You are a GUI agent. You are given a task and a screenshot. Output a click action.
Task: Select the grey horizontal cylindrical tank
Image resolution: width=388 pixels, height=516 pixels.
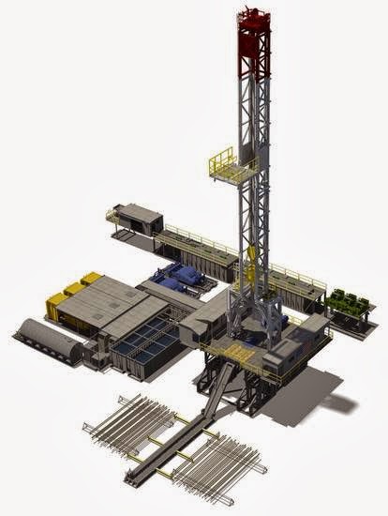point(51,339)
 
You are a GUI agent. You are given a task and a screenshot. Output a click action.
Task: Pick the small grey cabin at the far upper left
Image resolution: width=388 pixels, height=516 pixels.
point(139,216)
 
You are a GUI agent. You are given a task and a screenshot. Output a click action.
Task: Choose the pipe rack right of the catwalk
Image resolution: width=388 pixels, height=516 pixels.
point(221,469)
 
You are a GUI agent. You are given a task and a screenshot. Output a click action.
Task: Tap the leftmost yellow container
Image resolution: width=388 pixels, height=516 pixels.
point(57,302)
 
